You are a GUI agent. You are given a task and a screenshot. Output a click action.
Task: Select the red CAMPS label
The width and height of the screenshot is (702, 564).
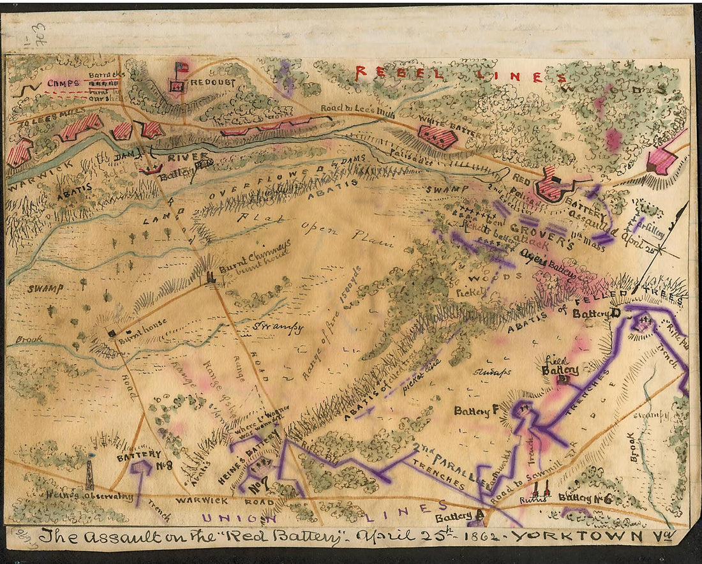click(x=63, y=83)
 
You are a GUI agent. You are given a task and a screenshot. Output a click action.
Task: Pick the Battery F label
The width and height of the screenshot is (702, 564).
click(x=476, y=412)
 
